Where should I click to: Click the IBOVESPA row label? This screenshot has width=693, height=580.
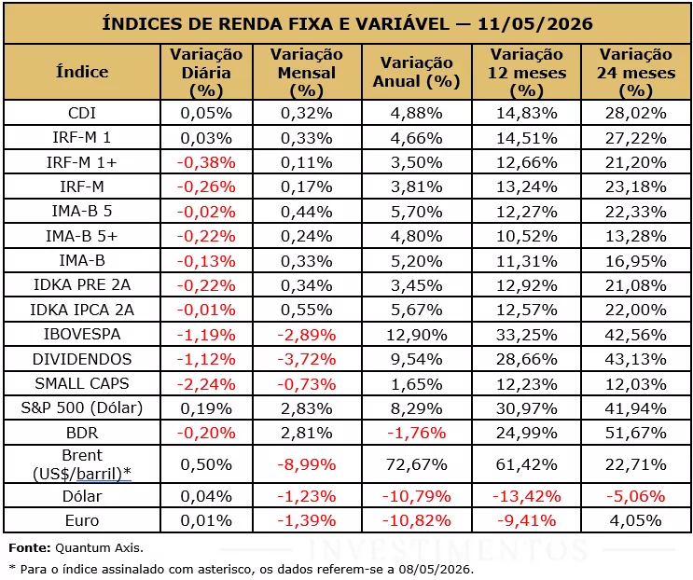82,335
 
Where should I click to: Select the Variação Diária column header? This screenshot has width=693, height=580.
206,73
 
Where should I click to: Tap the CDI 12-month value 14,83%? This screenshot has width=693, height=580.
526,114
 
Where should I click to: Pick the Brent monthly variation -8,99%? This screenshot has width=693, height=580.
306,464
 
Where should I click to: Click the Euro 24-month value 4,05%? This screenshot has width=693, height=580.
635,520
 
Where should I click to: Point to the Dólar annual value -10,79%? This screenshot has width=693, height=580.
416,496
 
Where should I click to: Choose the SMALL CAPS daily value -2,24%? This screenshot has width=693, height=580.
206,384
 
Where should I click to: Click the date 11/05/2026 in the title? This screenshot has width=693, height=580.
535,23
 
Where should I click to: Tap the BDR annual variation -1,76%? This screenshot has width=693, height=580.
416,433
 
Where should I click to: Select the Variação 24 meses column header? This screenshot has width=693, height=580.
636,73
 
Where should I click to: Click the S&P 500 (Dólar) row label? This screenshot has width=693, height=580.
82,407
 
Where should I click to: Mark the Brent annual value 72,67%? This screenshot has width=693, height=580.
416,464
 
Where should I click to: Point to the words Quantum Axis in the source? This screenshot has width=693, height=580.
99,548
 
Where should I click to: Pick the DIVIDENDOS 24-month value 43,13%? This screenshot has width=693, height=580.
635,359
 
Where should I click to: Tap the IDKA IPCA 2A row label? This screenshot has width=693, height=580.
82,311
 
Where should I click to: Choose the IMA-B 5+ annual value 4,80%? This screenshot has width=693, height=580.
416,236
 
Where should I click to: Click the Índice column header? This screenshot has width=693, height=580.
82,72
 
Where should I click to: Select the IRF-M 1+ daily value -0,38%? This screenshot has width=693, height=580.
206,162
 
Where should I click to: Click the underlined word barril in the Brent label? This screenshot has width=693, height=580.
99,474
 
